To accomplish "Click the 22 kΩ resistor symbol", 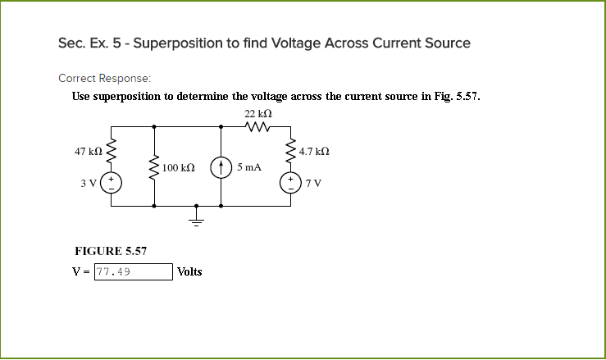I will pos(257,126).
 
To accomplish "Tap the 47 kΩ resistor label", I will pos(88,152).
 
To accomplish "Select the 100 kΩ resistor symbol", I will pos(153,167).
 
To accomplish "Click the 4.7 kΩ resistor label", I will pos(314,152).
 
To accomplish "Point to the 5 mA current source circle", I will pos(221,167).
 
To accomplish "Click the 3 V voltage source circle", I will pos(111,182).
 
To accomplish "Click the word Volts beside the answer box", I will pos(189,272).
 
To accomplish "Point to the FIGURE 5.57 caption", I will pos(110,251).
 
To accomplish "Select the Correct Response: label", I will pos(104,78).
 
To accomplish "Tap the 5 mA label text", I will pos(249,166).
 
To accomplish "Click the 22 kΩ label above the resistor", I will pos(258,112).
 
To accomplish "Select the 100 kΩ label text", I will pos(178,167).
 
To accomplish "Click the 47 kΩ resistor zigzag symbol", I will pos(111,150).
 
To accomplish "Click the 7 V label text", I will pos(313,182).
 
